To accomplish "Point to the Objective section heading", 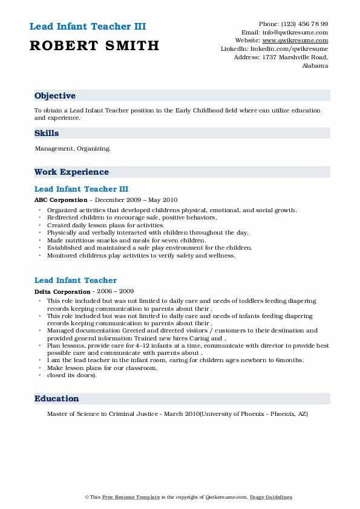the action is pos(55,96).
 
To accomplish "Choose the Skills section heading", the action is pos(47,134).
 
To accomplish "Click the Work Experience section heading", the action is pos(71,172).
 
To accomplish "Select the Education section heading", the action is pos(57,399).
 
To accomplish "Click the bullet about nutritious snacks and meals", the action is pos(126,240).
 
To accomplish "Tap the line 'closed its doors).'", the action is pos(71,375).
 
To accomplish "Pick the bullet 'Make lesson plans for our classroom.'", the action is pos(102,368).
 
